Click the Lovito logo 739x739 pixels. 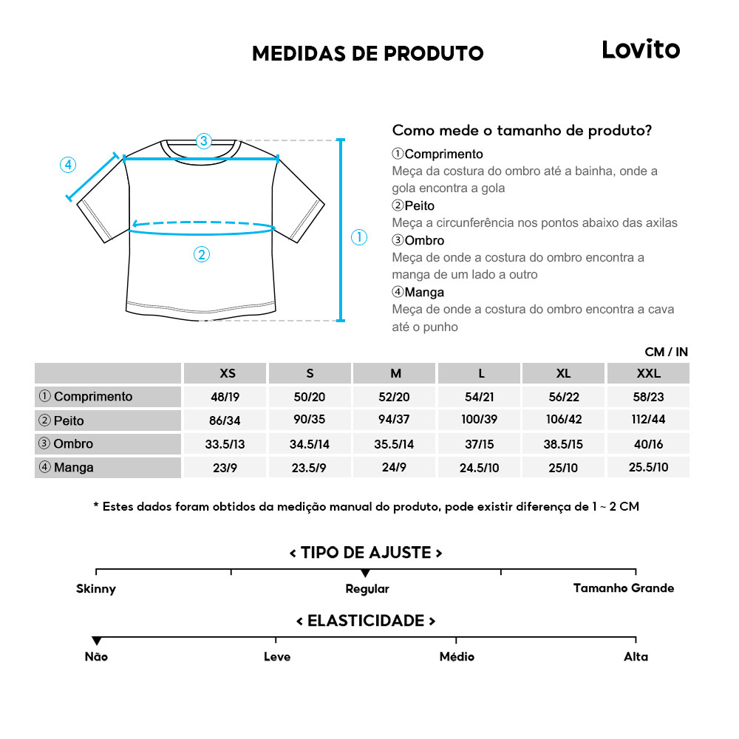[640, 50]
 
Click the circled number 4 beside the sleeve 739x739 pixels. [67, 165]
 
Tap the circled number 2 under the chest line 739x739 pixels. [201, 255]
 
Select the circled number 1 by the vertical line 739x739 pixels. [358, 237]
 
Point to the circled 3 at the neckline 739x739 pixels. [204, 140]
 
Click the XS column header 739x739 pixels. [228, 373]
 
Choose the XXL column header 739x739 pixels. [648, 373]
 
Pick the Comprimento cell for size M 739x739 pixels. [395, 397]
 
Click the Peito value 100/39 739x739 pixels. [480, 420]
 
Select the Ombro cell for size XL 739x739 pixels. [564, 444]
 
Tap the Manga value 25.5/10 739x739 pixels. [648, 467]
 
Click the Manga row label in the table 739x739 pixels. [73, 467]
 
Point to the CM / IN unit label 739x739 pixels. [666, 353]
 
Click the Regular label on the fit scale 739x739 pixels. [367, 589]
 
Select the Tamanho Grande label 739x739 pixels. [624, 588]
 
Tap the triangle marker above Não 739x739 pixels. [97, 641]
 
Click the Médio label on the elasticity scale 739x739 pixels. [457, 656]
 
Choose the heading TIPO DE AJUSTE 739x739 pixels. [366, 553]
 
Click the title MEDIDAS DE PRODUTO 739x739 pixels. [367, 53]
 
